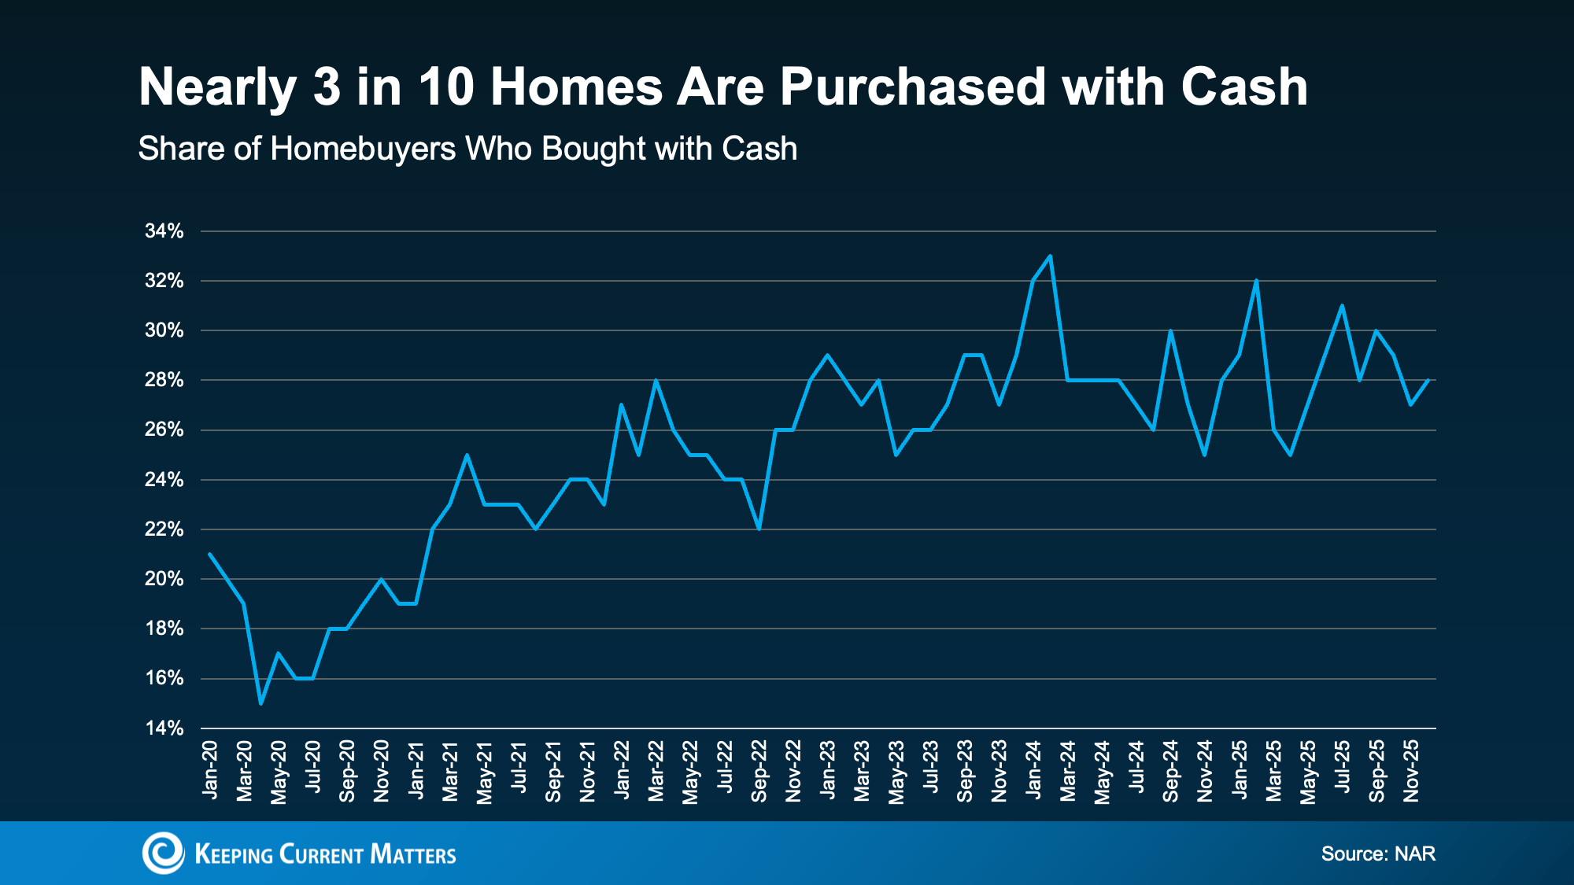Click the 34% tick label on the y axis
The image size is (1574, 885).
[164, 231]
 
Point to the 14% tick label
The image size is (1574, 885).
[164, 728]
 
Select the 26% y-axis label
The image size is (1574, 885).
[164, 430]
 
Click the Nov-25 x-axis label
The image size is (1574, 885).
[1411, 771]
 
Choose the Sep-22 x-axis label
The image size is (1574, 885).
[759, 771]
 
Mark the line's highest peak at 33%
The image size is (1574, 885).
[1051, 256]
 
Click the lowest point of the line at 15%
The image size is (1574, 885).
[261, 703]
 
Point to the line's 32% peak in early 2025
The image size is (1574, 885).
[1256, 280]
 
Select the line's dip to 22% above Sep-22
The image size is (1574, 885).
[759, 529]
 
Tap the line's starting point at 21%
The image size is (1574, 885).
[210, 554]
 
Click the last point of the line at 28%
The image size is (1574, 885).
[1428, 380]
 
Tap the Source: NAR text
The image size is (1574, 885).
[1378, 854]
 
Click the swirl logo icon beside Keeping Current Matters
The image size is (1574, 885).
[163, 853]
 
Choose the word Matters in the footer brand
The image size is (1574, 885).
[412, 854]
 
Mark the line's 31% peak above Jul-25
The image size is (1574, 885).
[1342, 305]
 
